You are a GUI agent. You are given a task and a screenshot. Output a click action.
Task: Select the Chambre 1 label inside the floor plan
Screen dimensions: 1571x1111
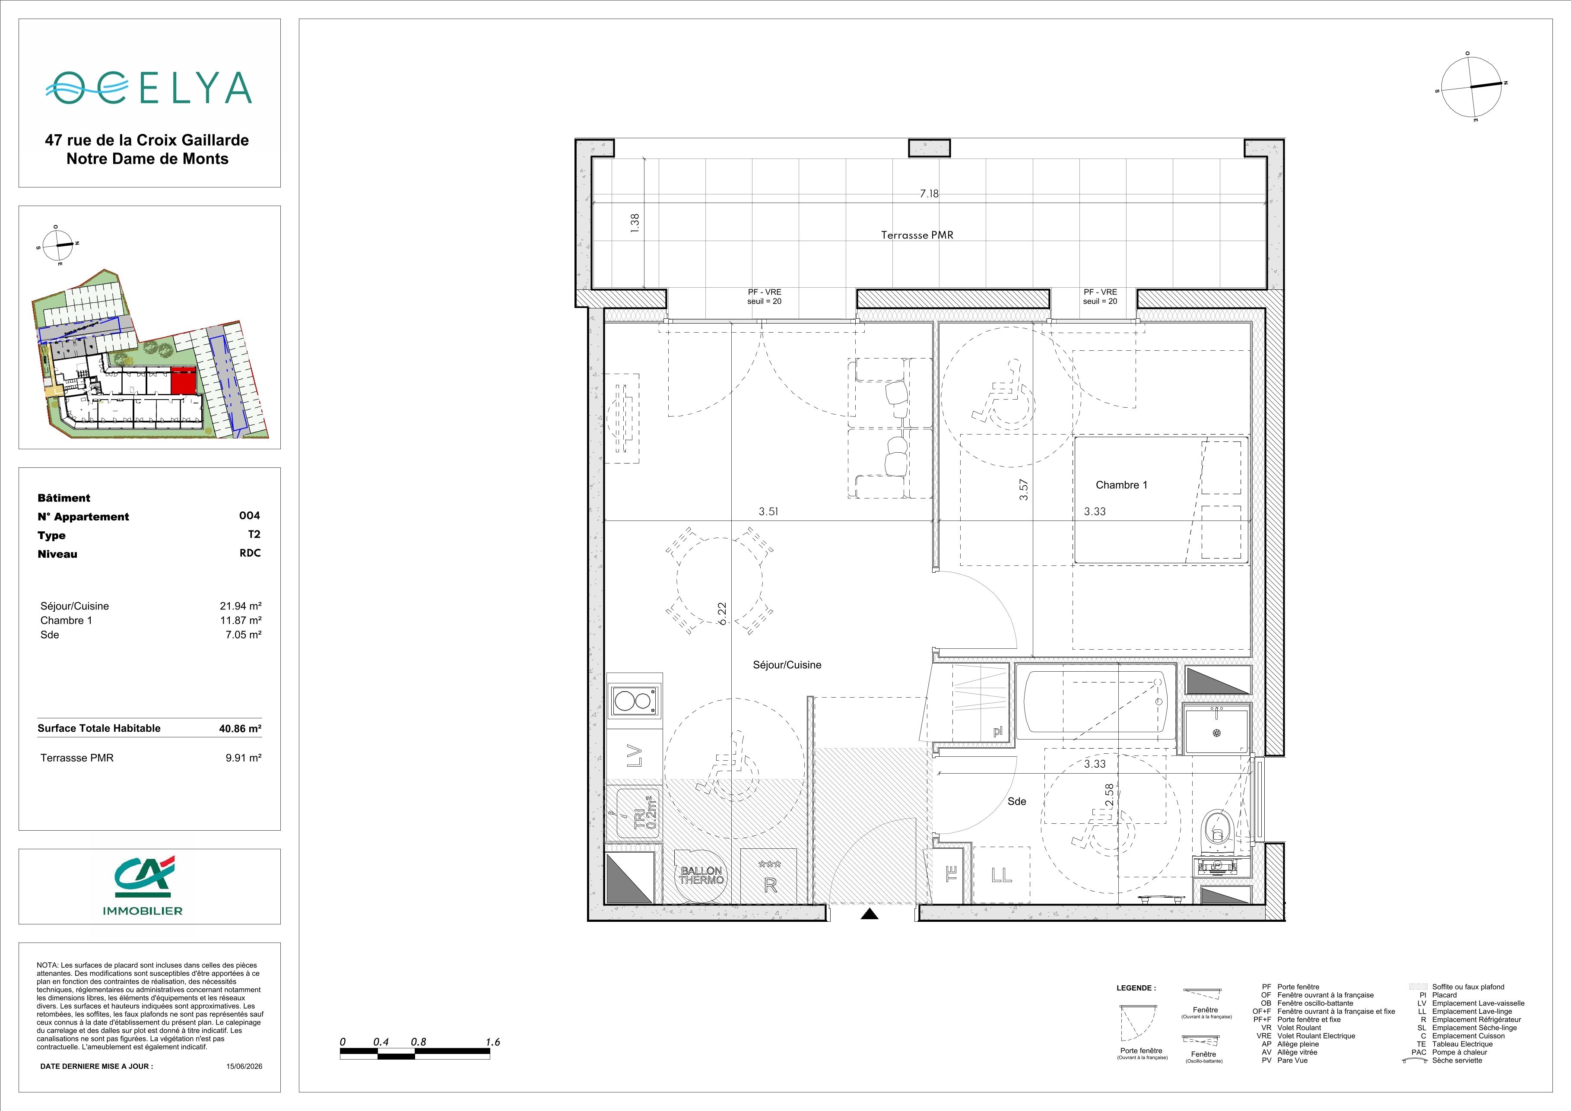[1121, 485]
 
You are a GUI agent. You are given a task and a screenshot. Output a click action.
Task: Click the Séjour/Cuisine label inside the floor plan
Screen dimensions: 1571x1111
[787, 665]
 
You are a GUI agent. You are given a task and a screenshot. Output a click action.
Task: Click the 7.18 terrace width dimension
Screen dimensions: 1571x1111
[929, 194]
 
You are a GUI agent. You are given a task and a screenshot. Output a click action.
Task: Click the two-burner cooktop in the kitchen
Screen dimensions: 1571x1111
[634, 701]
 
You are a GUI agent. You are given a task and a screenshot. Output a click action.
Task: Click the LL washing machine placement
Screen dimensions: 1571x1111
[1001, 875]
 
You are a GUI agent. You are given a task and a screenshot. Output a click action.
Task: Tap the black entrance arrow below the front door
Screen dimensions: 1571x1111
[869, 913]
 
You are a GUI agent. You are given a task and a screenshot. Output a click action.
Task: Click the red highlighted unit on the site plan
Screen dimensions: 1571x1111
[184, 381]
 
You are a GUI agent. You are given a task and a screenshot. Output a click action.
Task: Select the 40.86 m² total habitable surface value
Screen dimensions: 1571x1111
[240, 729]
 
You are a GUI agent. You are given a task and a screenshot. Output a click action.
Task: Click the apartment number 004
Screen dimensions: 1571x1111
[250, 516]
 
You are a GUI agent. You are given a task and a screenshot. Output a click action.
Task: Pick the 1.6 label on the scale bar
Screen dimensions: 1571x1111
[493, 1042]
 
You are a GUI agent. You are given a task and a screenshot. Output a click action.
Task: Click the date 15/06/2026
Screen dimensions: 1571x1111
[244, 1066]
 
